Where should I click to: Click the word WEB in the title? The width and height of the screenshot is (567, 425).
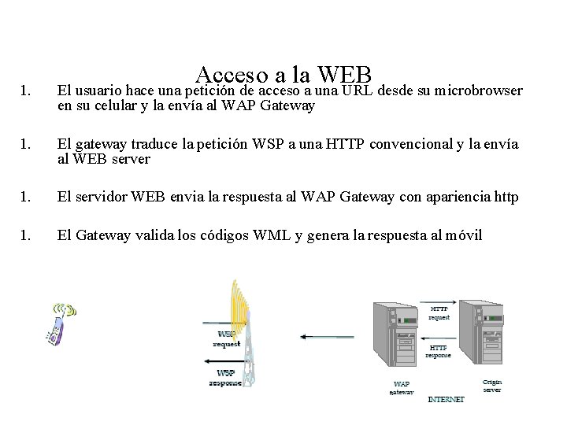pos(345,75)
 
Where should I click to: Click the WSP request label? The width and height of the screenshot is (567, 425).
pos(227,339)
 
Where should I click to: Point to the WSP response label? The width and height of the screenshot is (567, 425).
pos(226,378)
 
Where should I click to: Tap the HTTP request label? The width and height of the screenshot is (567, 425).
pos(439,312)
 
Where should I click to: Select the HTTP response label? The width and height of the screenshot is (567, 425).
pos(438,351)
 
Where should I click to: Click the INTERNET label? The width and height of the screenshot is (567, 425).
pos(446,399)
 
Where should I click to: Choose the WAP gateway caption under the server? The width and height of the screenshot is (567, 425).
pos(401,388)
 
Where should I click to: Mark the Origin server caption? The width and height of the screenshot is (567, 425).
pos(491,386)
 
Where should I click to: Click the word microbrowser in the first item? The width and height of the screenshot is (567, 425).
pos(482,91)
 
